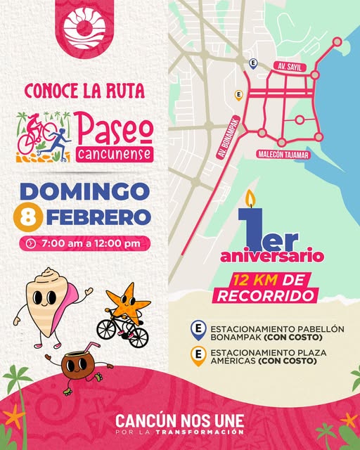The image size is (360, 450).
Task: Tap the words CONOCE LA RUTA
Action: point(84,91)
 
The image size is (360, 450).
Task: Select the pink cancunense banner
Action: point(113,153)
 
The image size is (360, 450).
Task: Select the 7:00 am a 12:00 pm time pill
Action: point(84,243)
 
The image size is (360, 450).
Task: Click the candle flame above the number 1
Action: point(248,198)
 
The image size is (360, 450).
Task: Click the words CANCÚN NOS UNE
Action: point(180,420)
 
